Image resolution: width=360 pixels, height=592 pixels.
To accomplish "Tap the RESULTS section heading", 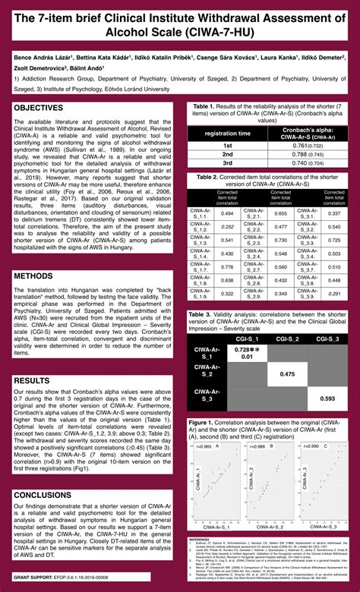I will point(36,379).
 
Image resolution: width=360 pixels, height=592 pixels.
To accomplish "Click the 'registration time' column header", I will point(226,133).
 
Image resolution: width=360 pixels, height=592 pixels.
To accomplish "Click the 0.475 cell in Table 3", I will point(287,374).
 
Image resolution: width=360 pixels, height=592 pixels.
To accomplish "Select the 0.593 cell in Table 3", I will point(327,398).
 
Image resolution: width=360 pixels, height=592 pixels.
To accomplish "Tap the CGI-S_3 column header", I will point(327,339).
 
